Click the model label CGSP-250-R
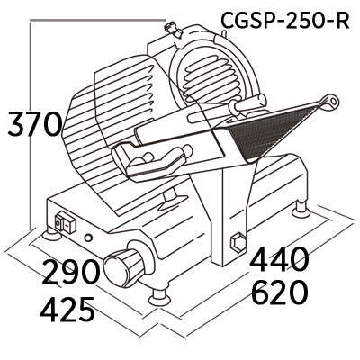coord(285,21)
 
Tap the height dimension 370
coord(35,123)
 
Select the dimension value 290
coord(70,272)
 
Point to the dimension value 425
coord(67,309)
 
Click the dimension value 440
coord(280,259)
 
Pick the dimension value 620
coord(280,292)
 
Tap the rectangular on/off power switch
coord(65,222)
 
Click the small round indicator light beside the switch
coord(88,238)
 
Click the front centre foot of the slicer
coord(158,298)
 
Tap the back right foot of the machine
coord(301,209)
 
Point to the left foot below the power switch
coord(51,234)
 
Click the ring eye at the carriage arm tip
coord(331,101)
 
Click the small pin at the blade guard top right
coord(223,32)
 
